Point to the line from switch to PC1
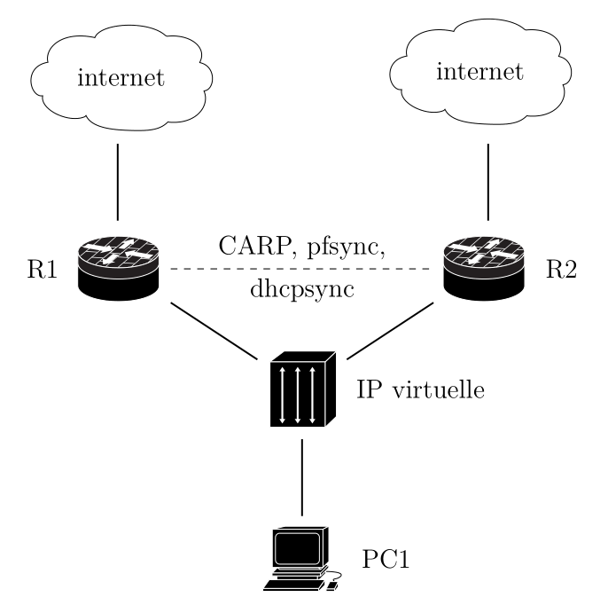[x=303, y=477]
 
